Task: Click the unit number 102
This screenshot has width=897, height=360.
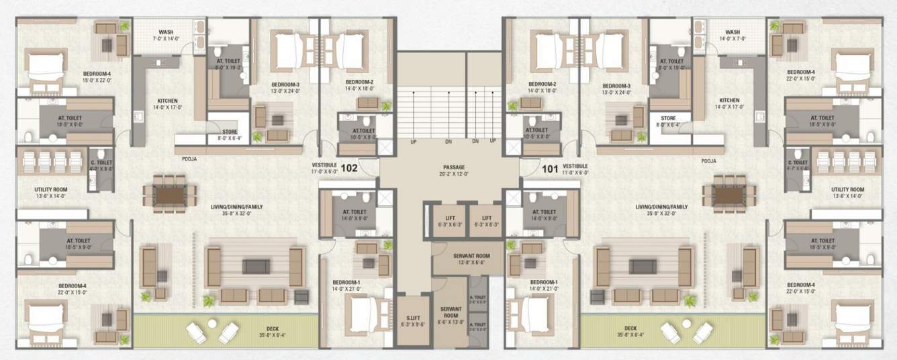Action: pyautogui.click(x=349, y=169)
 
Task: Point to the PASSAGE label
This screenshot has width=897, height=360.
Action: pyautogui.click(x=454, y=167)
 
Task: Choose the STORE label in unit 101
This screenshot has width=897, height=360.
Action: pyautogui.click(x=667, y=118)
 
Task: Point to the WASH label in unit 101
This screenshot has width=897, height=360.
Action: pyautogui.click(x=733, y=32)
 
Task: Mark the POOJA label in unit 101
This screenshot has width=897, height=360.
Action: pyautogui.click(x=708, y=161)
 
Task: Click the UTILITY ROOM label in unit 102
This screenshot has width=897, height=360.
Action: pyautogui.click(x=51, y=190)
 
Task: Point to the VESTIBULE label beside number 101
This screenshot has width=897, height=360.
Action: pyautogui.click(x=575, y=165)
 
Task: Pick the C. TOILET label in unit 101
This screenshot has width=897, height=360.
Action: pyautogui.click(x=800, y=163)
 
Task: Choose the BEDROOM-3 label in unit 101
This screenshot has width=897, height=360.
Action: pyautogui.click(x=615, y=86)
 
